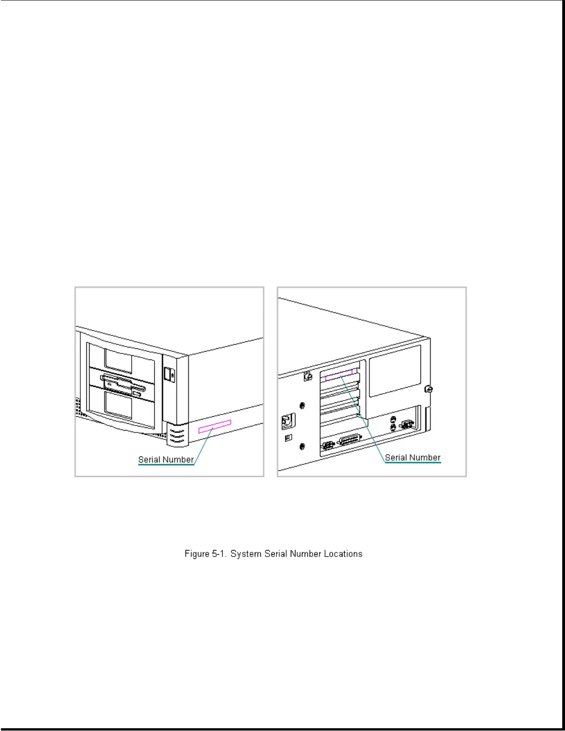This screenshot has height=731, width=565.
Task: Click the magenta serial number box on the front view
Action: coord(215,426)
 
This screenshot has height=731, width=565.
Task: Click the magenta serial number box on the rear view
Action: coord(339,375)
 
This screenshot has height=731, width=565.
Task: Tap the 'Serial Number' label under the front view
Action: coord(166,460)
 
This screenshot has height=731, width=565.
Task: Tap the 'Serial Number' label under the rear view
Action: coord(413,457)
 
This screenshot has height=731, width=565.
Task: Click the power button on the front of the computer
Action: coord(169,374)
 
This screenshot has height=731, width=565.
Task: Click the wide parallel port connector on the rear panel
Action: coord(350,440)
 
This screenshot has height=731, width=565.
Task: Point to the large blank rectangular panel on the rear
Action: coord(395,371)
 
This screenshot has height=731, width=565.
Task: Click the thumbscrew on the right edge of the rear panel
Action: coord(429,389)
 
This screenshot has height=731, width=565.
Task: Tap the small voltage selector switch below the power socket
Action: coord(289,437)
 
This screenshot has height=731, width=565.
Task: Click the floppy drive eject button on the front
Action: coord(137,394)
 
